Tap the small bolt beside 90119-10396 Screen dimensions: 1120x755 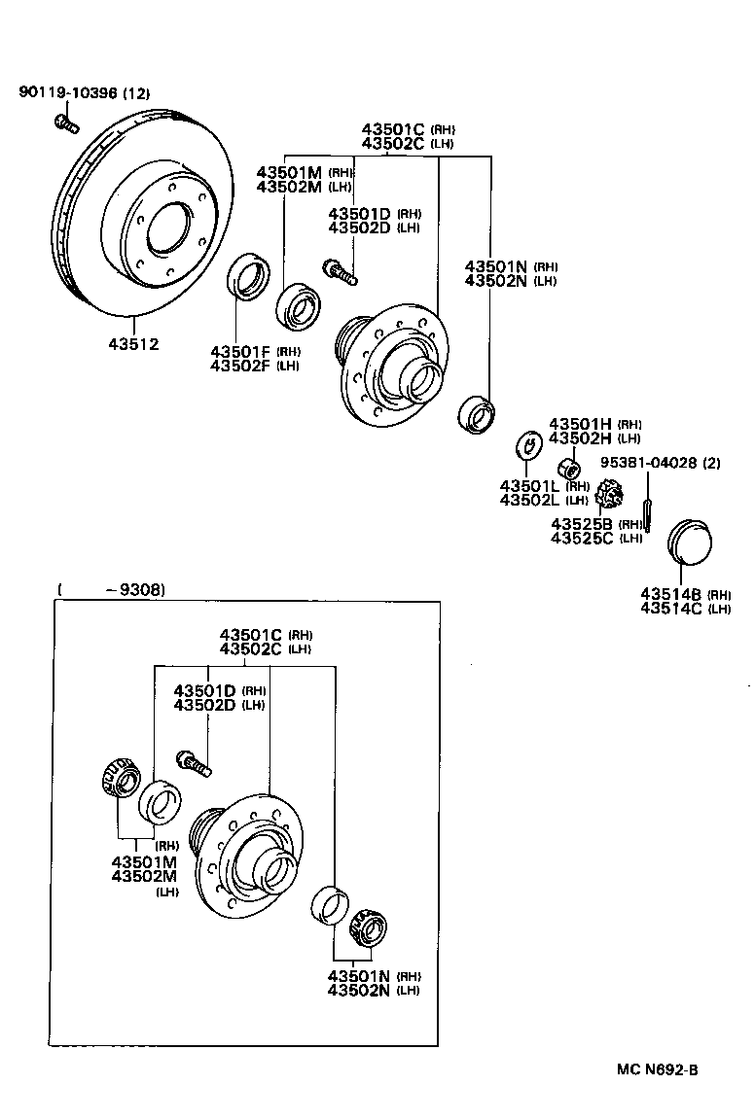[65, 123]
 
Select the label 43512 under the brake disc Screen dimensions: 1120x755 [133, 343]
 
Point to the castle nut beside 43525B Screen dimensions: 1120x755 [610, 495]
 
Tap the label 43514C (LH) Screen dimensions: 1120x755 [685, 609]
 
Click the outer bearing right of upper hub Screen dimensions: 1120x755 [476, 413]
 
